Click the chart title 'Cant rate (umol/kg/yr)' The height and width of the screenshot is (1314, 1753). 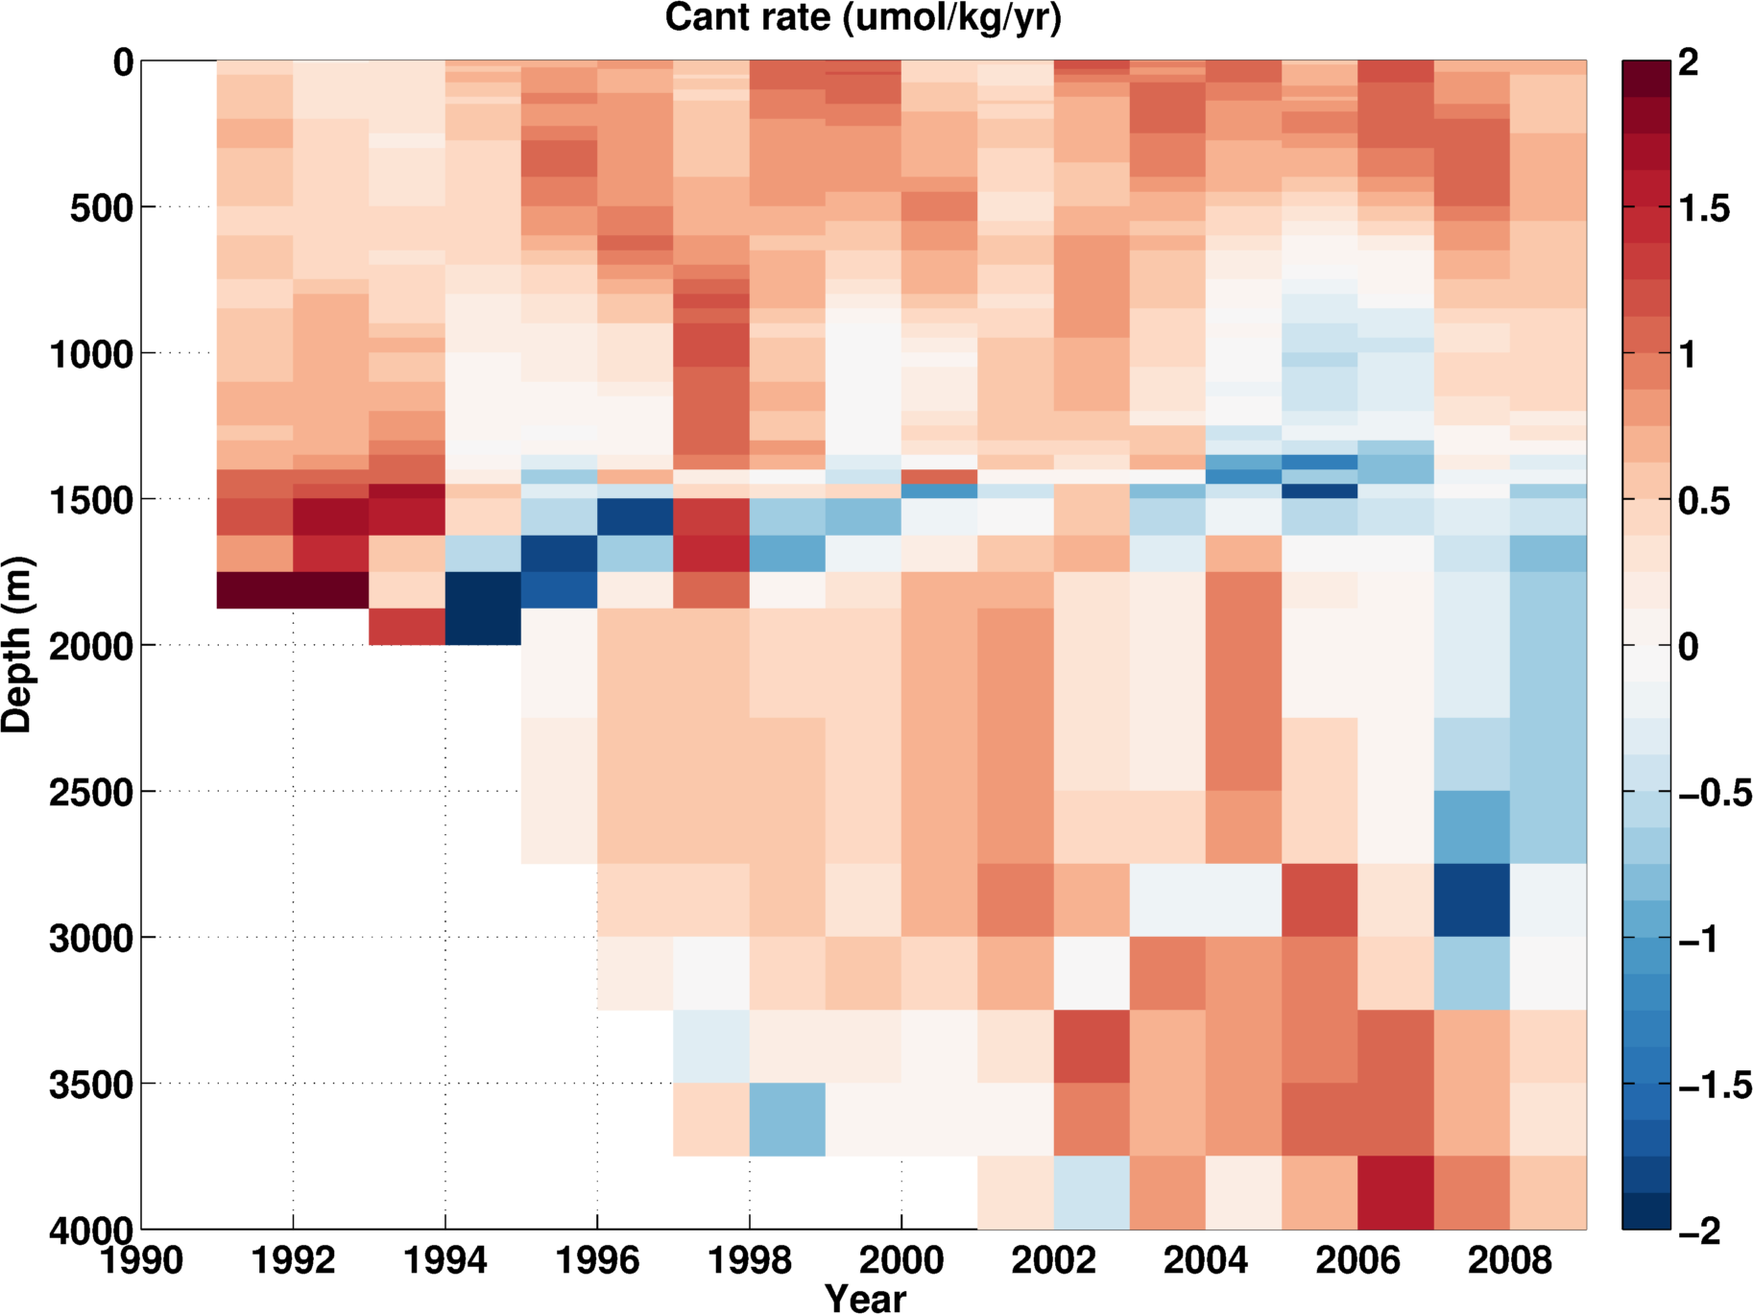pyautogui.click(x=863, y=17)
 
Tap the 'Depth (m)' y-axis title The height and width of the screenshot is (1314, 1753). pyautogui.click(x=17, y=645)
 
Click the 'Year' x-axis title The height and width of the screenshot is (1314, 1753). pyautogui.click(x=865, y=1298)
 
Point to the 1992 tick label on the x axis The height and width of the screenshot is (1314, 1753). pyautogui.click(x=293, y=1259)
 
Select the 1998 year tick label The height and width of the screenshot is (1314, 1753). pyautogui.click(x=749, y=1259)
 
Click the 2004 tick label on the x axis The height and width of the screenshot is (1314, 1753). pyautogui.click(x=1205, y=1259)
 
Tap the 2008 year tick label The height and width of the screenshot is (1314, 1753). pyautogui.click(x=1509, y=1259)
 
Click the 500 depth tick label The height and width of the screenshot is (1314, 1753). pyautogui.click(x=101, y=207)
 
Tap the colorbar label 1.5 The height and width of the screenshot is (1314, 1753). pyautogui.click(x=1704, y=208)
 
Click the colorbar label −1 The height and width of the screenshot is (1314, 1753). pyautogui.click(x=1701, y=939)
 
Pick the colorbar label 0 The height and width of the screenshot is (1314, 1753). pyautogui.click(x=1689, y=646)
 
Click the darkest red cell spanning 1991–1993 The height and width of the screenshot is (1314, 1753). pyautogui.click(x=293, y=589)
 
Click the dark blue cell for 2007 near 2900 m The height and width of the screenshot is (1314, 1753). pyautogui.click(x=1472, y=899)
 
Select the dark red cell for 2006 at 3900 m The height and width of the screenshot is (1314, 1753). pyautogui.click(x=1395, y=1192)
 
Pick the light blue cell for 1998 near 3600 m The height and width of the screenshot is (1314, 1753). pyautogui.click(x=787, y=1119)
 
